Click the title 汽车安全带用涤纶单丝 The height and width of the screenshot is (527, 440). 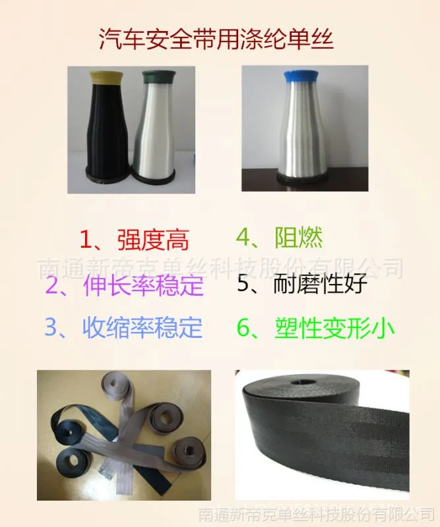click(x=216, y=40)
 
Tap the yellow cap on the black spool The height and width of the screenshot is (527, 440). click(x=106, y=78)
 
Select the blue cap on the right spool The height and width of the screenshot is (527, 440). click(x=299, y=76)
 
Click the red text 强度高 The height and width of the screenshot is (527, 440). click(x=153, y=240)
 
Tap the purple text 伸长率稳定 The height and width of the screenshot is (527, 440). click(x=143, y=285)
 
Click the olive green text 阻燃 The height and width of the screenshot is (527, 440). click(x=299, y=238)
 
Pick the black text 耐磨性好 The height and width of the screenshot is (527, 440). click(x=320, y=283)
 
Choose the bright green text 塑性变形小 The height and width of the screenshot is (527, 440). click(x=334, y=327)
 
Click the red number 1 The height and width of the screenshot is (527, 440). click(x=86, y=239)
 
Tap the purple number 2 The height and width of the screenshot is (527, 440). click(x=51, y=285)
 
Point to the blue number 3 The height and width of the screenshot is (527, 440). click(x=51, y=327)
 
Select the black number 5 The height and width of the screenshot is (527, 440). click(x=243, y=284)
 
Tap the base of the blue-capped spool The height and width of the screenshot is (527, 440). click(x=299, y=178)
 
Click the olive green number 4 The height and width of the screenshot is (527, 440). click(x=243, y=238)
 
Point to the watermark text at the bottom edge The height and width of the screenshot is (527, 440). click(x=316, y=514)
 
